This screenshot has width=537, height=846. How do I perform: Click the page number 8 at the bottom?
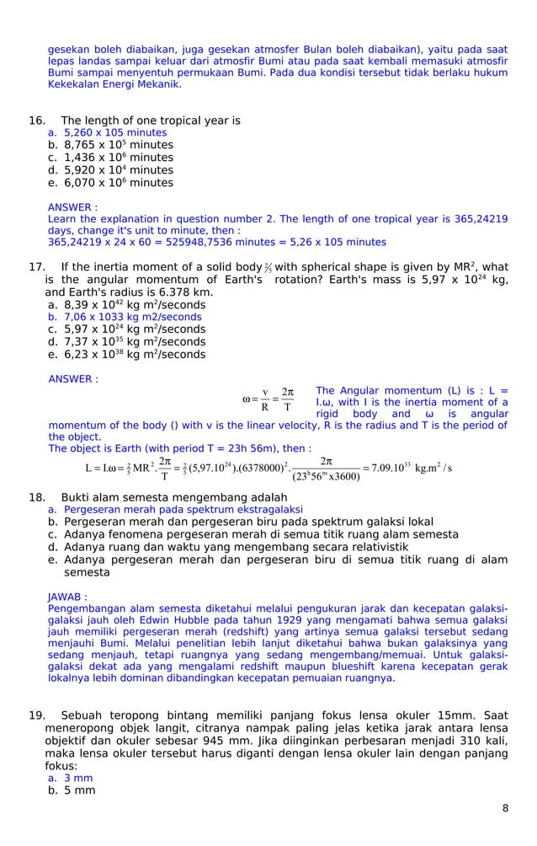coord(505,808)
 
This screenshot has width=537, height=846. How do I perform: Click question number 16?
coord(37,120)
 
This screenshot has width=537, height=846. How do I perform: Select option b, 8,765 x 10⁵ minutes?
coord(118,145)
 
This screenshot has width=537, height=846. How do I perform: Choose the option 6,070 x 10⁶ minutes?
coord(118,183)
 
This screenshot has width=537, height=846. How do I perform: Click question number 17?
coord(37,267)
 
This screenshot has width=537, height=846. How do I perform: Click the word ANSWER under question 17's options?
coord(72,379)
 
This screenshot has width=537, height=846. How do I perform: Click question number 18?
coord(37,497)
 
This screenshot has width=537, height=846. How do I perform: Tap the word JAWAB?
coord(67,597)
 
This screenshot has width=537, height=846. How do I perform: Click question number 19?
coord(37,716)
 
